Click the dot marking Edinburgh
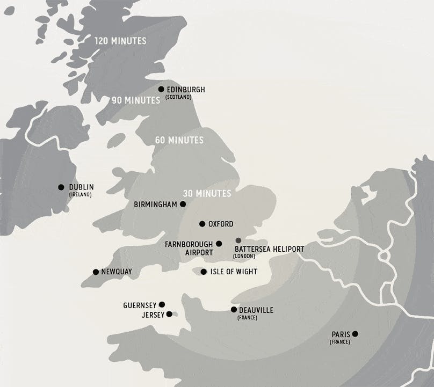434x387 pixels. pos(161,89)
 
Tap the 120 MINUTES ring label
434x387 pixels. pos(120,41)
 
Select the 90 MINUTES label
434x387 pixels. pos(136,100)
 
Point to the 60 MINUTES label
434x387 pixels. pos(179,140)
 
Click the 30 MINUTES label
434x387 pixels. pos(207,193)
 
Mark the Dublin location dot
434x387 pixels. pos(61,187)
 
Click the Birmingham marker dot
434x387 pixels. pos(183,204)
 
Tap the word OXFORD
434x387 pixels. pos(221,224)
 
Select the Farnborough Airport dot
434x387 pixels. pos(219,244)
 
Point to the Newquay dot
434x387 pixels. pos(96,272)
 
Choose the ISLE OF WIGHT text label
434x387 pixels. pos(234,272)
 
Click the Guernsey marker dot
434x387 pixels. pos(162,304)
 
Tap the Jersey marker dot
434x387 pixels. pos(169,314)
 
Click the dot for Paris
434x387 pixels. pos(355,334)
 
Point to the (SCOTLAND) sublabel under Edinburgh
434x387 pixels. pos(178,97)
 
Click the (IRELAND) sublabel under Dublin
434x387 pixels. pos(80,195)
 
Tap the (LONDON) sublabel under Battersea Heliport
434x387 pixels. pos(244,256)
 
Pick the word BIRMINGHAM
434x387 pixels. pos(155,205)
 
